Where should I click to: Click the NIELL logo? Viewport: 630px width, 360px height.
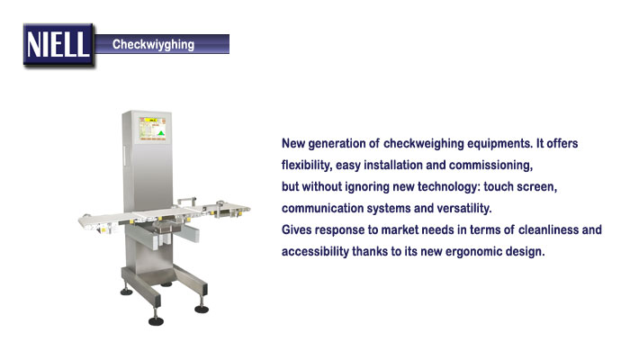tap(58, 45)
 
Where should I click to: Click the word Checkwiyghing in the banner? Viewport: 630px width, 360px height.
tap(153, 45)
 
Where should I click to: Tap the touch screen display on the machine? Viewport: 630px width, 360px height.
tap(153, 129)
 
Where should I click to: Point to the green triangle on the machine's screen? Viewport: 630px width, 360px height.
tap(161, 133)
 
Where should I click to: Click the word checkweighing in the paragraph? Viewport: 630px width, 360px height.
tap(424, 144)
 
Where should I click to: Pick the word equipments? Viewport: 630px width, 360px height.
tap(500, 144)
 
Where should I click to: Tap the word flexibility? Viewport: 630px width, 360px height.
tap(307, 165)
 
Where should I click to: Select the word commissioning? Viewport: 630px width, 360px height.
tap(491, 166)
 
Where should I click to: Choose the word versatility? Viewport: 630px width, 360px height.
tap(464, 209)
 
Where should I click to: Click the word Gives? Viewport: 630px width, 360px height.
tap(296, 229)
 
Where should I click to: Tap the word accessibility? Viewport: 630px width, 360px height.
tap(315, 251)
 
